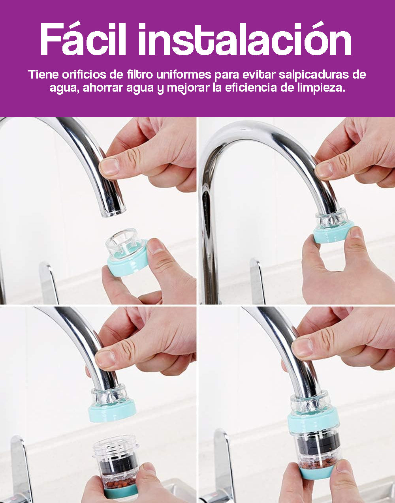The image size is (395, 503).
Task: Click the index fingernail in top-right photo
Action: tap(324, 170)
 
